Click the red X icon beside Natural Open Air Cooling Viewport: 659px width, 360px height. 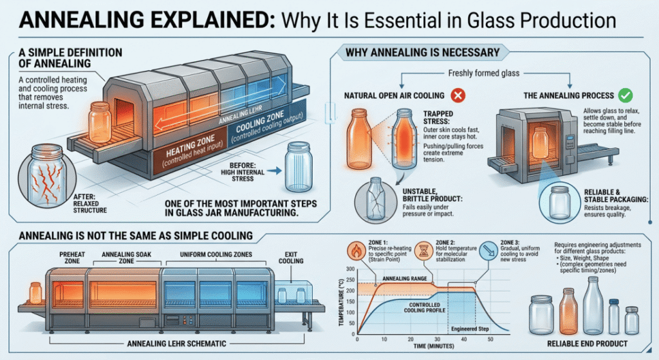[x=458, y=95]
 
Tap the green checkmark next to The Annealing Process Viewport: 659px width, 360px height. [x=626, y=95]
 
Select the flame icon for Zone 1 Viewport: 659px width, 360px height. [x=357, y=251]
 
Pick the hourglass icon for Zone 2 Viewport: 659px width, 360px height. [x=423, y=251]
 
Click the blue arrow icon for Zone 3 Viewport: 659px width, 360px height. [x=488, y=251]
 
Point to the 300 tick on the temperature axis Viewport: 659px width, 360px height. [x=351, y=269]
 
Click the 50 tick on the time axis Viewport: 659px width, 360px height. [x=490, y=339]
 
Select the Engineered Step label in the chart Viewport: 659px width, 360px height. [x=470, y=329]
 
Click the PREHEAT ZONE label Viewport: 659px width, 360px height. [x=72, y=258]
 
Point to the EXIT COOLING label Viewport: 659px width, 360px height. [x=291, y=258]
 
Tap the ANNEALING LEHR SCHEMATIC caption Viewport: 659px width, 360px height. [x=176, y=344]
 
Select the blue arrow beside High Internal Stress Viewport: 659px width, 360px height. [x=274, y=171]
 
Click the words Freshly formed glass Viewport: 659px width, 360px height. [x=484, y=73]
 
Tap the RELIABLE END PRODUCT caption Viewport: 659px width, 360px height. [x=587, y=344]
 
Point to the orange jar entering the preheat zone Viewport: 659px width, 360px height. [x=36, y=293]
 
